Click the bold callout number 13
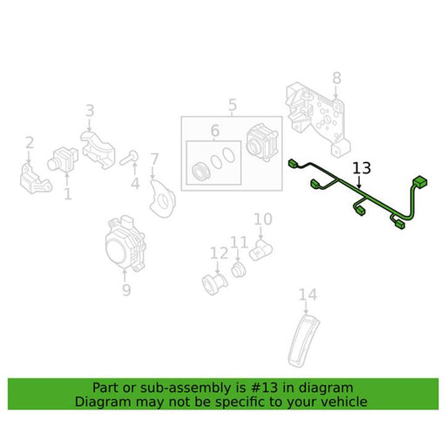click(362, 168)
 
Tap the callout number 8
click(336, 78)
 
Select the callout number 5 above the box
click(233, 105)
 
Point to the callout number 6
click(215, 131)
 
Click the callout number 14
click(307, 294)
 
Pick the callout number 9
click(126, 290)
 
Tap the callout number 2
click(30, 143)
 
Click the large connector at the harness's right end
click(419, 183)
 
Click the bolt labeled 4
click(129, 157)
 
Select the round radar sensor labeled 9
click(125, 243)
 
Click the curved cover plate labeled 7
click(163, 199)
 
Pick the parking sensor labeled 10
click(260, 250)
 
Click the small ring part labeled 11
click(239, 270)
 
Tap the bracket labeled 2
click(35, 179)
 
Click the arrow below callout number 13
click(360, 182)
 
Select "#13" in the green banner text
click(263, 388)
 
